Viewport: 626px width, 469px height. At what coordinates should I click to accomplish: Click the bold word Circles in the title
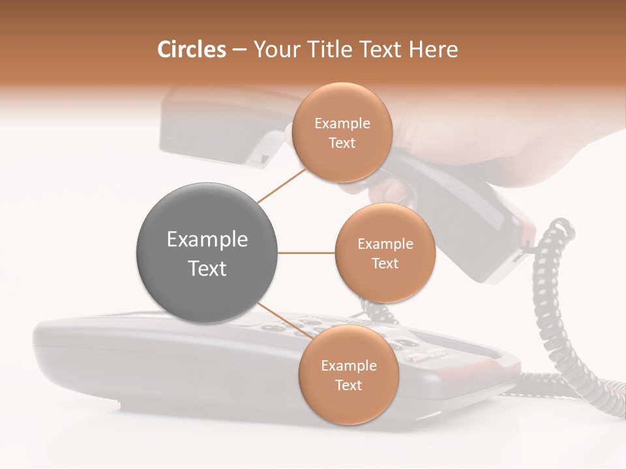pyautogui.click(x=191, y=50)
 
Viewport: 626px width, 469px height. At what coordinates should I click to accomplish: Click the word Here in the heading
pyautogui.click(x=434, y=50)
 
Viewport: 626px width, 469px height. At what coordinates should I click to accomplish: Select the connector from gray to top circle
pyautogui.click(x=282, y=185)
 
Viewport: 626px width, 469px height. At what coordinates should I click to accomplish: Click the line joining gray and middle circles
pyautogui.click(x=306, y=253)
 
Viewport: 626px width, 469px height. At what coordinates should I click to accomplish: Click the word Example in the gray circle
pyautogui.click(x=207, y=240)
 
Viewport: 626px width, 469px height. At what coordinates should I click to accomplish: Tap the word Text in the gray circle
pyautogui.click(x=207, y=268)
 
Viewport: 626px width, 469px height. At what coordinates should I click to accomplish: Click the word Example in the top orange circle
pyautogui.click(x=342, y=124)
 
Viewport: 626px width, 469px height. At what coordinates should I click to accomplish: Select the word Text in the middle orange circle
pyautogui.click(x=385, y=263)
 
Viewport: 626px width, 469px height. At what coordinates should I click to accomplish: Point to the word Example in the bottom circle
pyautogui.click(x=348, y=366)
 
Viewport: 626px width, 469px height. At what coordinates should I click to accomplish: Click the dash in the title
pyautogui.click(x=239, y=50)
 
